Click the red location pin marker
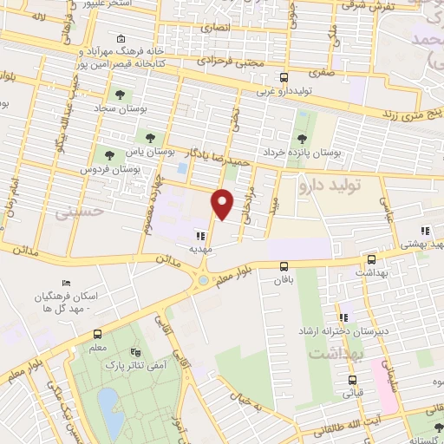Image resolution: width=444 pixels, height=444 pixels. click(223, 203)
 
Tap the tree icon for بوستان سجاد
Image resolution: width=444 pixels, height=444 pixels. click(119, 95)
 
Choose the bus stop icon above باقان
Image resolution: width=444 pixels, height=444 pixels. click(284, 267)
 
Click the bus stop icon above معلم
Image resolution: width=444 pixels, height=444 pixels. click(97, 334)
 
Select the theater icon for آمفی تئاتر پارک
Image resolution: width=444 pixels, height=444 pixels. click(134, 352)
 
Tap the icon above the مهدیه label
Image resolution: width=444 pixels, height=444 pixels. click(200, 235)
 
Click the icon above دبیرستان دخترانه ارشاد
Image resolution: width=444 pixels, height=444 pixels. click(344, 317)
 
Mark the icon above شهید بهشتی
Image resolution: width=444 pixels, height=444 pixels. click(425, 231)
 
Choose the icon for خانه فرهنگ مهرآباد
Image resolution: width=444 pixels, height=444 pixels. click(120, 39)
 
